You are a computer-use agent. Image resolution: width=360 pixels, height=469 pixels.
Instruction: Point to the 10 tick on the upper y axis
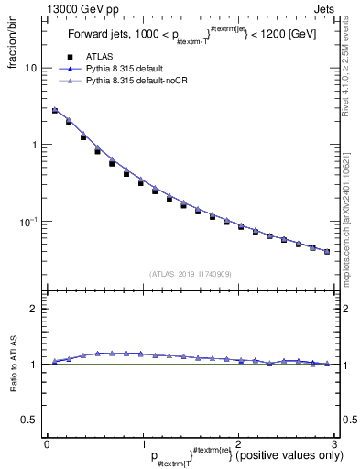[x=31, y=68]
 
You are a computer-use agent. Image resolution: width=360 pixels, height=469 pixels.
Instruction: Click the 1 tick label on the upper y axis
[x=34, y=145]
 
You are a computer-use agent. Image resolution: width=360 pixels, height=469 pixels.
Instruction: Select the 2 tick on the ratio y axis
[x=34, y=309]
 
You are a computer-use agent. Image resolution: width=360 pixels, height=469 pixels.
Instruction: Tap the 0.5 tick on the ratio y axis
[x=30, y=420]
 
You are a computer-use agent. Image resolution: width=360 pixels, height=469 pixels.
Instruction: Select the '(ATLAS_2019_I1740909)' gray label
[x=190, y=274]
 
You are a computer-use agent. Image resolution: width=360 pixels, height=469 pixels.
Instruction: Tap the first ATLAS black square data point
[x=55, y=111]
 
